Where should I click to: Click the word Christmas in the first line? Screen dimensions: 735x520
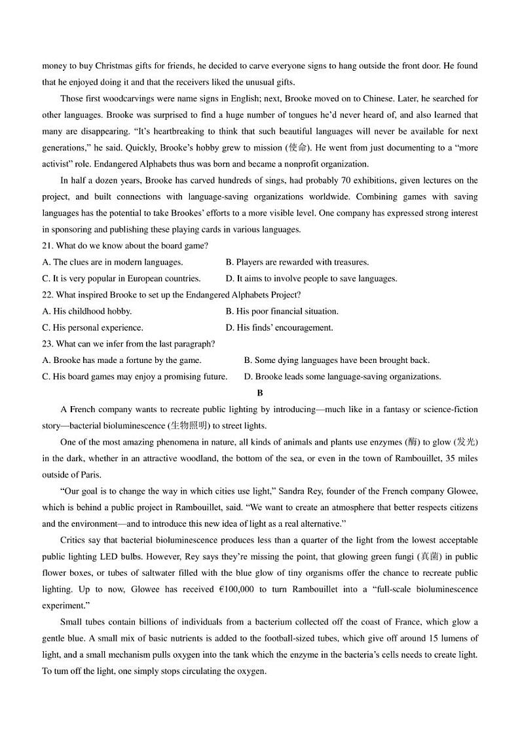[x=114, y=66]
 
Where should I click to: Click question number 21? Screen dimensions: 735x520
[x=48, y=246]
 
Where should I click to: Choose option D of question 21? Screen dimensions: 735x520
[x=311, y=278]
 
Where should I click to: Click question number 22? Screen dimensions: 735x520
[x=48, y=295]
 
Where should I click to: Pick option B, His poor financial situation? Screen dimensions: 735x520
[x=282, y=311]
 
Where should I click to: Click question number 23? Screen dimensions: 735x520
[x=48, y=344]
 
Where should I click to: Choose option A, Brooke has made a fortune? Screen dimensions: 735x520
[x=122, y=360]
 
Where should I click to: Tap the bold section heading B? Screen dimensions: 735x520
[x=260, y=393]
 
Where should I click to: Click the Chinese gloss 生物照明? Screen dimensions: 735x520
[x=189, y=426]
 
